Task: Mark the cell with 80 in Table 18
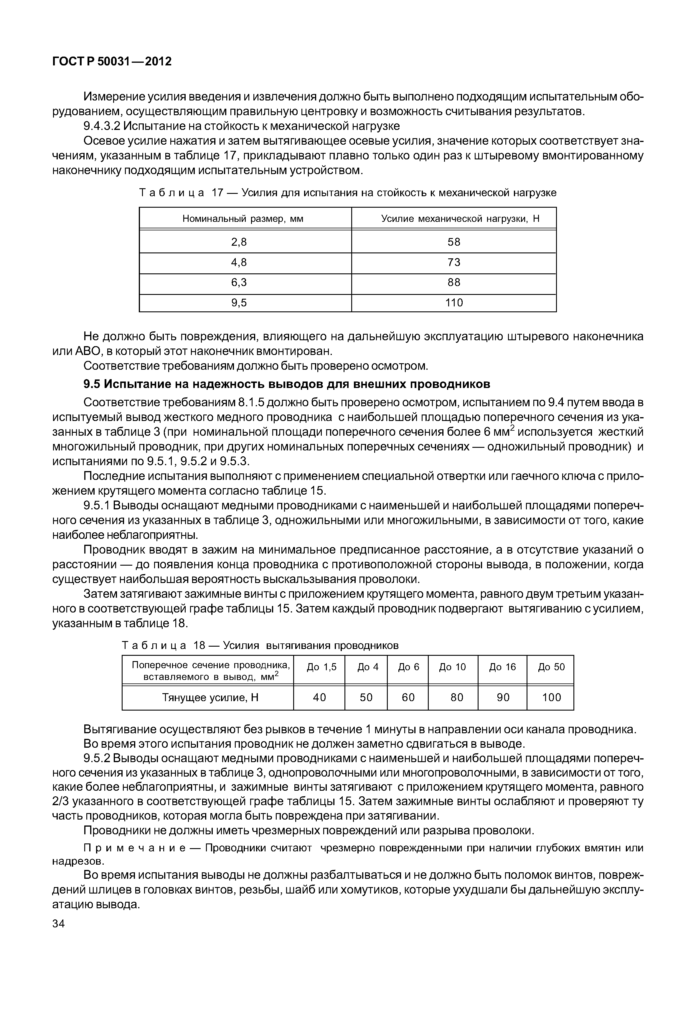click(x=457, y=697)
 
